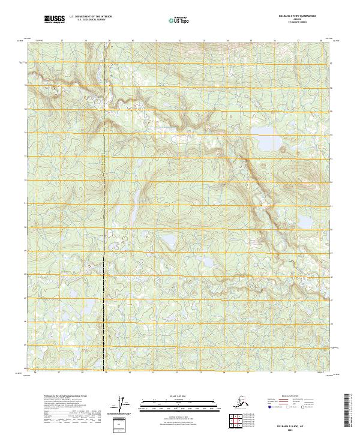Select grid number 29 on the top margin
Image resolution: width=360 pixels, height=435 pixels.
[x=109, y=41]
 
